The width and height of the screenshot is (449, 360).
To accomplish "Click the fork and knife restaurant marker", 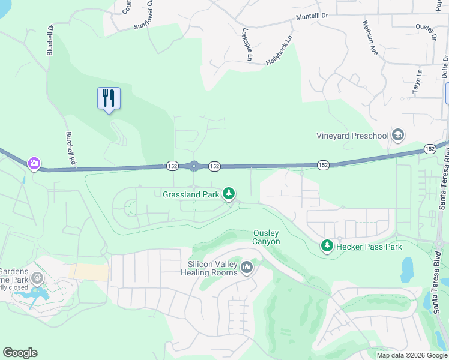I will pyautogui.click(x=109, y=98).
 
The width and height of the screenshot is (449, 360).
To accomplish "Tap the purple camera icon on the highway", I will pyautogui.click(x=34, y=163).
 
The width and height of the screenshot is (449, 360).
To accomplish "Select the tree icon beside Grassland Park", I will pyautogui.click(x=228, y=193).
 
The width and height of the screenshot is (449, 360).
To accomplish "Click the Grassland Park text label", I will pyautogui.click(x=190, y=194).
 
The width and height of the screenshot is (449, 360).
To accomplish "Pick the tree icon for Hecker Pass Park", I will pyautogui.click(x=327, y=245).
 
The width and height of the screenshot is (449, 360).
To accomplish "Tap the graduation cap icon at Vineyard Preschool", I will pyautogui.click(x=397, y=135).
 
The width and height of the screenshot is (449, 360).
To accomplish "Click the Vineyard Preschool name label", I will pyautogui.click(x=352, y=136).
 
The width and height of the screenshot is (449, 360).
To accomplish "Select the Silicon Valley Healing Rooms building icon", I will pyautogui.click(x=247, y=266).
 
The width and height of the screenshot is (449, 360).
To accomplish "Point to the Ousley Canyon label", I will pyautogui.click(x=266, y=237).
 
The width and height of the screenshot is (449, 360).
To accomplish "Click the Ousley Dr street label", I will pyautogui.click(x=426, y=33).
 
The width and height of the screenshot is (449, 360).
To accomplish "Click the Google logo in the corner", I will pyautogui.click(x=20, y=353).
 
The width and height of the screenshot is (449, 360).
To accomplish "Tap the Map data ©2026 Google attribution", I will pyautogui.click(x=412, y=355).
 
